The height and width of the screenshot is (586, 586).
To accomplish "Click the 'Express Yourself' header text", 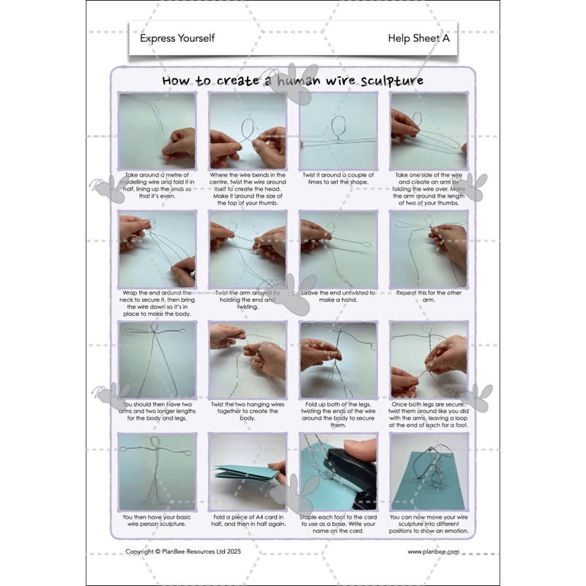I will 177,38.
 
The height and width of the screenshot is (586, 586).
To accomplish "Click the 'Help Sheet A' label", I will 418,38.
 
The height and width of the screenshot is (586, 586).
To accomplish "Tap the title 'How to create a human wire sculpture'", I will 292,80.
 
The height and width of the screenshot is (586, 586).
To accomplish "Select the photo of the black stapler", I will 338,471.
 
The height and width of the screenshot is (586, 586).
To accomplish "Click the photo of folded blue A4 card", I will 248,471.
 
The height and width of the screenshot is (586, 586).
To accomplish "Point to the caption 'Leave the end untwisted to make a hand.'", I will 338,297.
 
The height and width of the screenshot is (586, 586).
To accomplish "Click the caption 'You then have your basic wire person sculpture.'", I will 157,521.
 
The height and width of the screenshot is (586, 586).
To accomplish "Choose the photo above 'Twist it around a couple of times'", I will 338,131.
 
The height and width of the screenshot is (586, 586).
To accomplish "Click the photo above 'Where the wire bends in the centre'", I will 248,131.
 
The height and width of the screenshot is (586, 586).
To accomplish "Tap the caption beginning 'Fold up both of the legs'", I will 338,415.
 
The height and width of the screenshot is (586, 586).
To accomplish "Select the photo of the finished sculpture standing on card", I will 429,471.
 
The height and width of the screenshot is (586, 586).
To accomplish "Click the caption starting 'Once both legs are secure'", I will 429,415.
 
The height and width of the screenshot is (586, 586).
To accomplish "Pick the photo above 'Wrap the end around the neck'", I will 157,249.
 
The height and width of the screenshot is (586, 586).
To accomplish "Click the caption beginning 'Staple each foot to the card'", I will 338,524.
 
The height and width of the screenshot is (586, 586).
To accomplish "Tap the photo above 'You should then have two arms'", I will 157,360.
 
